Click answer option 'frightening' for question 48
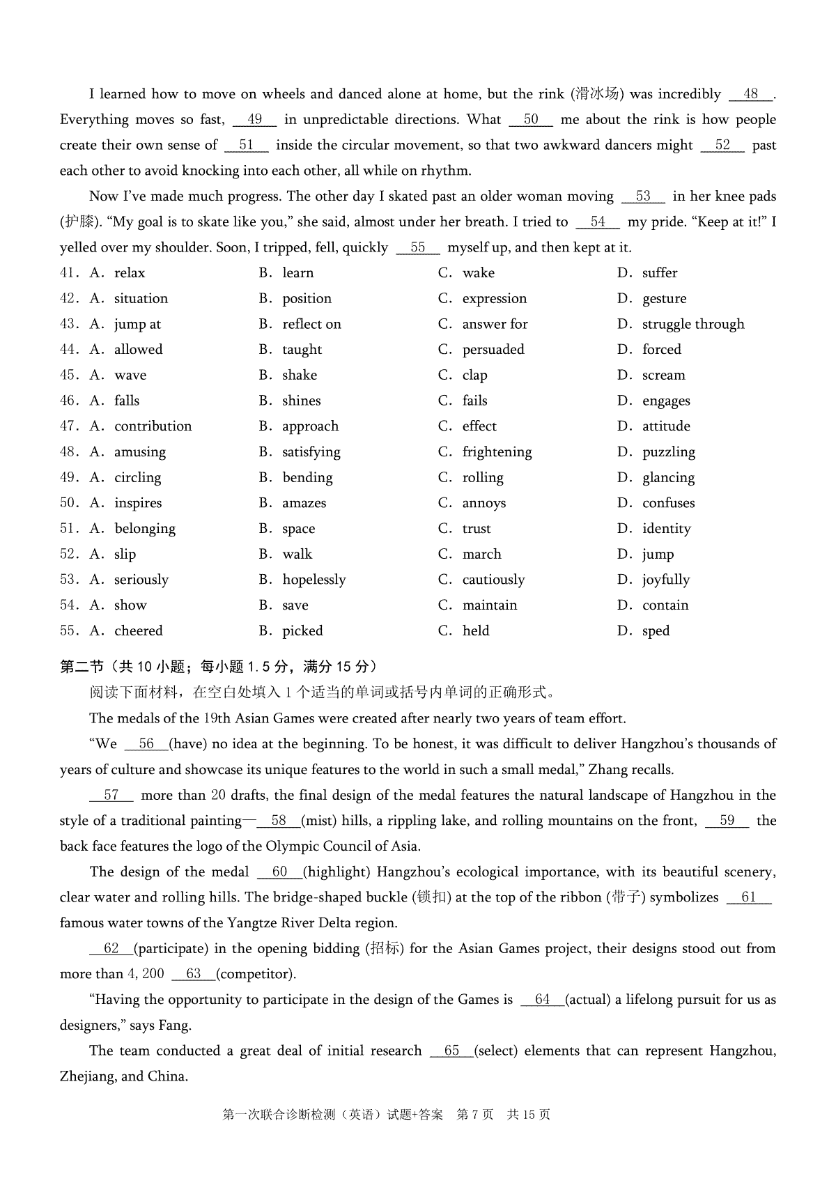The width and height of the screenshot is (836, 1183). pos(497,452)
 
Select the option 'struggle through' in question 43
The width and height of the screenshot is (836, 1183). pos(692,324)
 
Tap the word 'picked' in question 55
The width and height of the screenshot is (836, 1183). pos(302,631)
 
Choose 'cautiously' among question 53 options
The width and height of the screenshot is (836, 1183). pos(493,580)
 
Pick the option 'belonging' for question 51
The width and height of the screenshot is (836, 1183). pos(145,529)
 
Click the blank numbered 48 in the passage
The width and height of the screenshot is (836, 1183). pos(751,95)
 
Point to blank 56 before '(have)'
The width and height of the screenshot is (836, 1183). pos(146,744)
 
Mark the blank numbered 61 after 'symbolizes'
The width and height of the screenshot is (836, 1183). pos(749,897)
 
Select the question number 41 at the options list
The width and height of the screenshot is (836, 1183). pos(68,273)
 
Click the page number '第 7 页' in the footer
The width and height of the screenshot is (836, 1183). pos(474,1115)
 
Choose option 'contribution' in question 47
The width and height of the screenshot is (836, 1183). pos(153,426)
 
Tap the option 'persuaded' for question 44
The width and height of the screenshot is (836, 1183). pos(493,350)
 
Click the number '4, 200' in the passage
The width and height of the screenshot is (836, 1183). pos(145,974)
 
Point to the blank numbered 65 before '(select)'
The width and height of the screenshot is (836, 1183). pos(451,1051)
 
